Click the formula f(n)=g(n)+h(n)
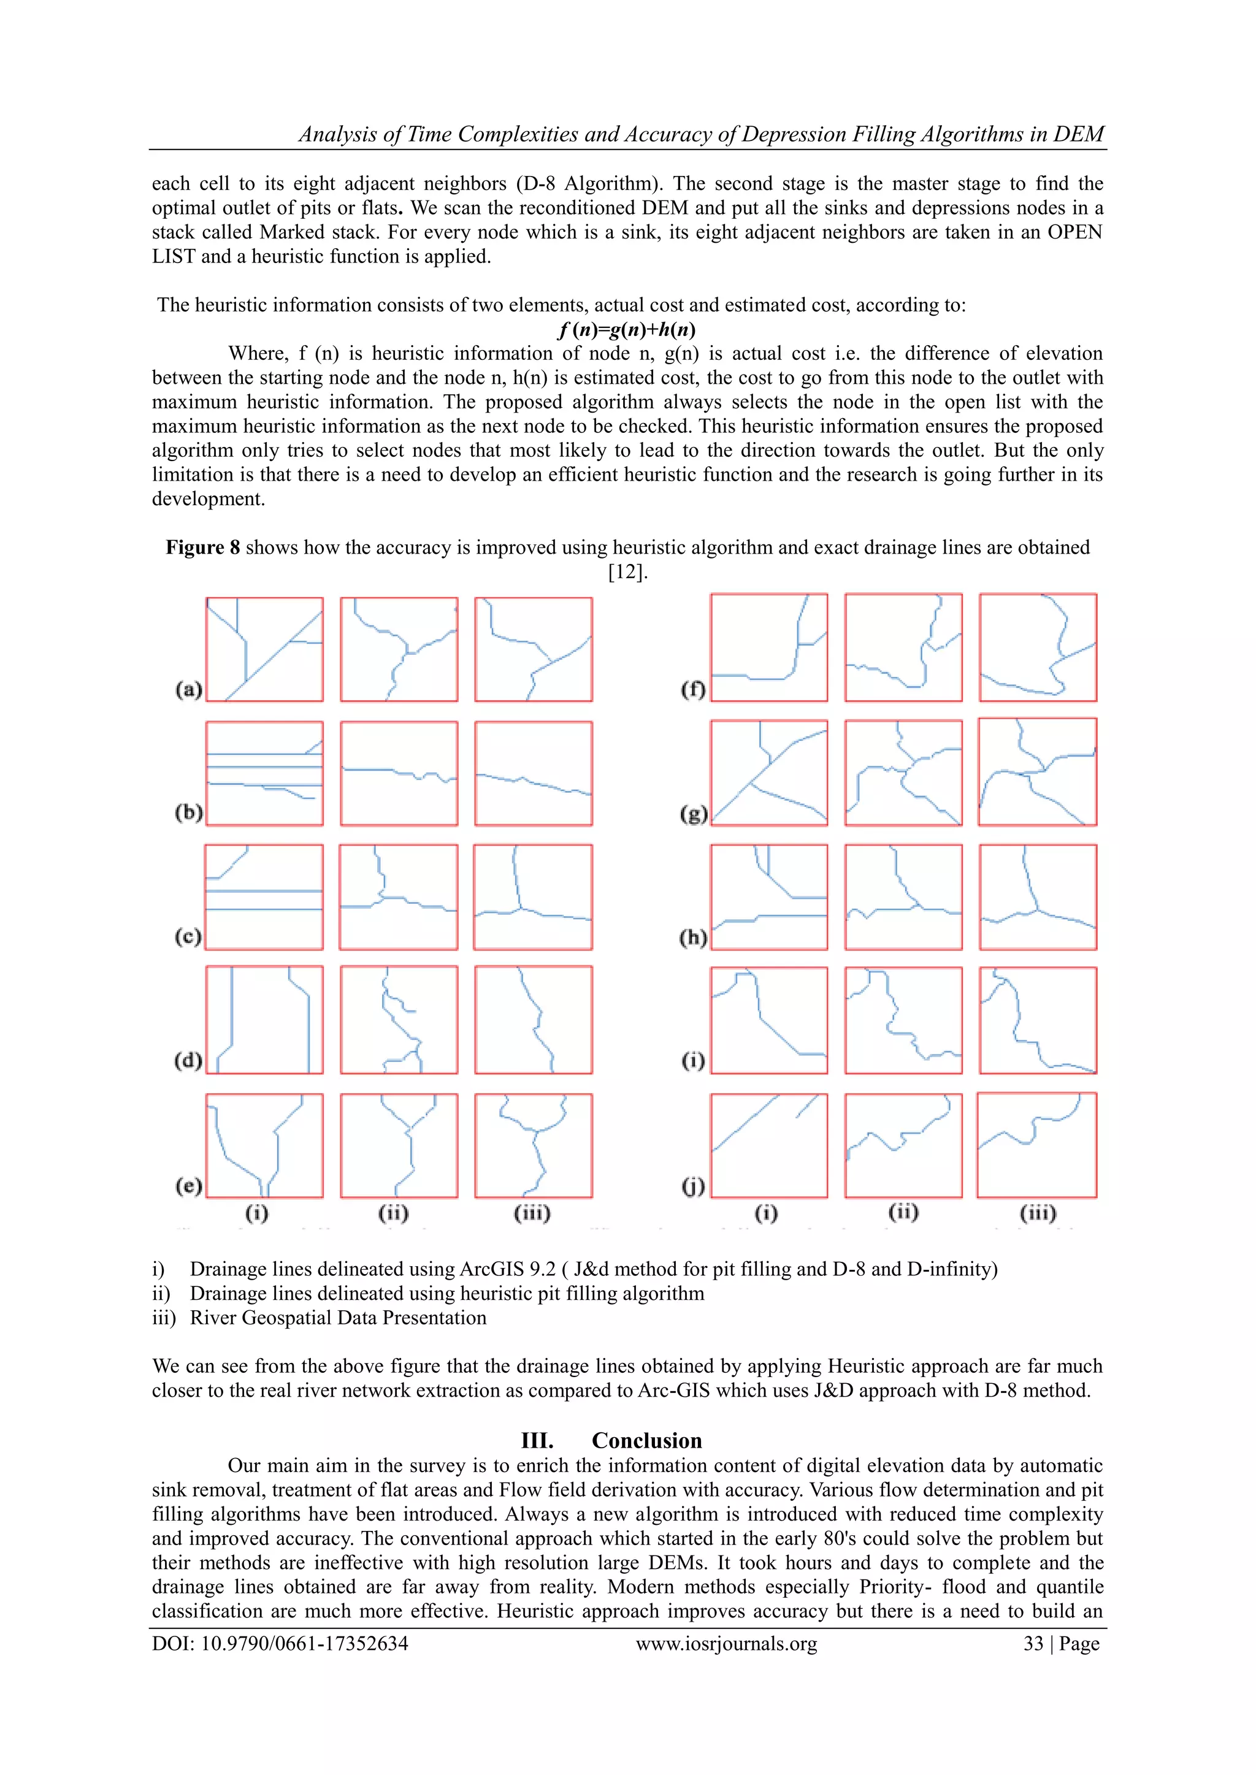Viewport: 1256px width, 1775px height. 626,329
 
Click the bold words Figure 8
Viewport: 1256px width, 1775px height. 202,548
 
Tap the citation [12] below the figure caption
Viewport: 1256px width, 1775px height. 626,572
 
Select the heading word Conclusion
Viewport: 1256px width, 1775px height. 646,1440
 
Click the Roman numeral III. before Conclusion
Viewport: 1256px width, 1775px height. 537,1440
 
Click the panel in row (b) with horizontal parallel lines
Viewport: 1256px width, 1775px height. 264,773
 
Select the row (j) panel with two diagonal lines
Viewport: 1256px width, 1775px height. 769,1145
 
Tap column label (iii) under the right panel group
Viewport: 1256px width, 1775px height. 1037,1213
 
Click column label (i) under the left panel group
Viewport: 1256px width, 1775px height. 257,1213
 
